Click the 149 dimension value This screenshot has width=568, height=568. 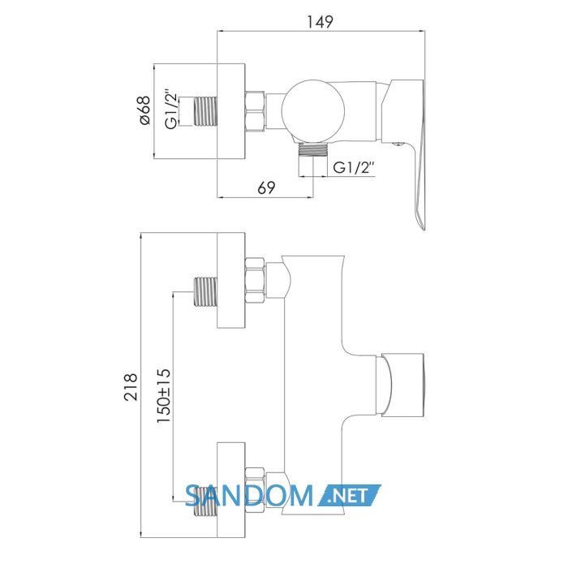(320, 22)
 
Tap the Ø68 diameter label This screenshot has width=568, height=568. (144, 110)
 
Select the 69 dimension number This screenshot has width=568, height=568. (266, 187)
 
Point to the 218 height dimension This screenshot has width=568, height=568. (131, 387)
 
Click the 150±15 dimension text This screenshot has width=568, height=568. (163, 396)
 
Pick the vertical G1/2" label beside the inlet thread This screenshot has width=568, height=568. (172, 109)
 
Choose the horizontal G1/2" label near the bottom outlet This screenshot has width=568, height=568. (354, 168)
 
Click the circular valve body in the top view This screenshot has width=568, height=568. (313, 111)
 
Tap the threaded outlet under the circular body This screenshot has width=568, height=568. (313, 148)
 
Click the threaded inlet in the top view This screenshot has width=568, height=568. (206, 111)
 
